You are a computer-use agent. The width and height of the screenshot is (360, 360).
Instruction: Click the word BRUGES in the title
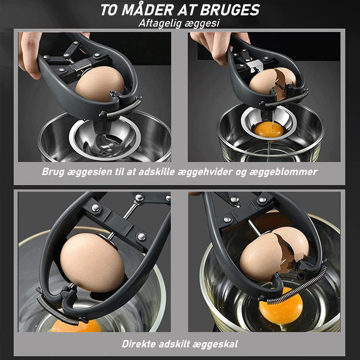[229, 10]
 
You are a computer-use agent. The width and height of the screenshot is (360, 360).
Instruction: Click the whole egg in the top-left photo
[99, 84]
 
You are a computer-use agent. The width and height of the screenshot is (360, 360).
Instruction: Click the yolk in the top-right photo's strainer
[269, 130]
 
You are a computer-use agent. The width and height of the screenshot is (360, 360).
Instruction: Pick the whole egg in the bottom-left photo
[92, 262]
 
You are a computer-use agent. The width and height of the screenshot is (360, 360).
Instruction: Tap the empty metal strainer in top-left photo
[105, 139]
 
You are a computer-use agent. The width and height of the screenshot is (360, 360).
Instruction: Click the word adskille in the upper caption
[157, 171]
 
